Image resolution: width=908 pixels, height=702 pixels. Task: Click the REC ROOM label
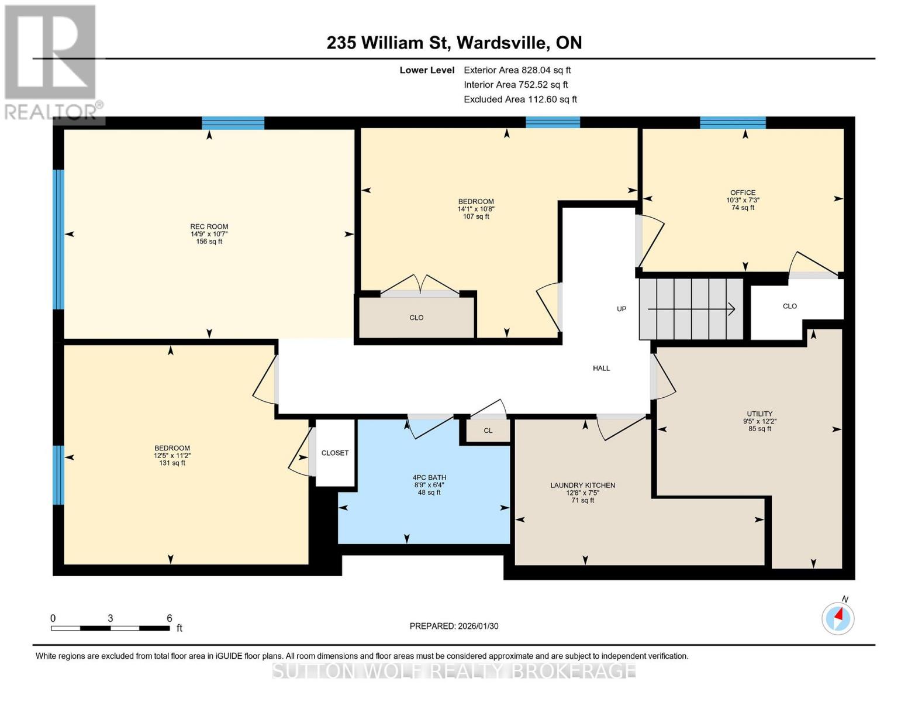(x=209, y=227)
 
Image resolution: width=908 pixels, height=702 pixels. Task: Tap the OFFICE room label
(x=743, y=192)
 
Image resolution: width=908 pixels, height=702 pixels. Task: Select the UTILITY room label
(x=759, y=414)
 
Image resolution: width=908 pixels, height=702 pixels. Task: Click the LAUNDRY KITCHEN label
(x=582, y=486)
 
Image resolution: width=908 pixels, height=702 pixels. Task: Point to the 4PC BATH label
(x=429, y=477)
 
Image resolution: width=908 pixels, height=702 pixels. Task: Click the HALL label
(x=601, y=368)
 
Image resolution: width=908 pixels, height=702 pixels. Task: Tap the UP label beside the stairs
(x=622, y=309)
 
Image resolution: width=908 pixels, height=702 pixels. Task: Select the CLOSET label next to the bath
(x=335, y=453)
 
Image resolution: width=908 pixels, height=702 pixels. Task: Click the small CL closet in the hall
(x=488, y=431)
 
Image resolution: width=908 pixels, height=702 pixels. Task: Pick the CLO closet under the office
(x=789, y=306)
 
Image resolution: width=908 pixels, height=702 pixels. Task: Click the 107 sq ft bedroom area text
(x=476, y=216)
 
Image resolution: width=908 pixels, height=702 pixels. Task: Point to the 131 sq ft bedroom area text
(x=172, y=463)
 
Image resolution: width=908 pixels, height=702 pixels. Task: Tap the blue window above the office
(x=733, y=123)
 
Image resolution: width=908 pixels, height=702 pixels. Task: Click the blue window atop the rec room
(x=233, y=123)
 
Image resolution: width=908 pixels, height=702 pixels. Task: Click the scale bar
(x=110, y=628)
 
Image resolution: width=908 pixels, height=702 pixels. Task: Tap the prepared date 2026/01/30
(x=454, y=626)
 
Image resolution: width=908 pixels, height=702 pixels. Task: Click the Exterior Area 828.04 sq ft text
(x=517, y=70)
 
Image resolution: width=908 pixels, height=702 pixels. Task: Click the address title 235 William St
(x=454, y=43)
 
